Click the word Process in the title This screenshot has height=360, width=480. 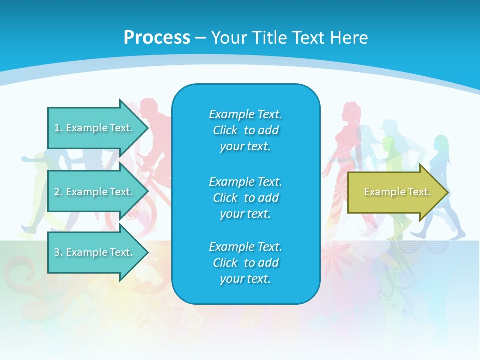click(x=157, y=38)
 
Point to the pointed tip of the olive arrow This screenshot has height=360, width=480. click(x=447, y=192)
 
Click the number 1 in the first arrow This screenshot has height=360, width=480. click(x=57, y=128)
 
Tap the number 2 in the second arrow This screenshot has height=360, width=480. click(x=57, y=192)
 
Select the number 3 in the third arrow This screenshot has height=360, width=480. click(x=57, y=252)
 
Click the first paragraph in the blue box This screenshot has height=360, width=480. click(x=245, y=130)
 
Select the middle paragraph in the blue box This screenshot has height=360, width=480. click(x=245, y=198)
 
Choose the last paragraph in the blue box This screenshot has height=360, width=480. click(x=245, y=263)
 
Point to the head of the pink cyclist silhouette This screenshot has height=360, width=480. click(x=149, y=107)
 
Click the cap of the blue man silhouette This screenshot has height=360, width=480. click(x=387, y=125)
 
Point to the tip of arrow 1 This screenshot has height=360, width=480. click(x=147, y=128)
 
